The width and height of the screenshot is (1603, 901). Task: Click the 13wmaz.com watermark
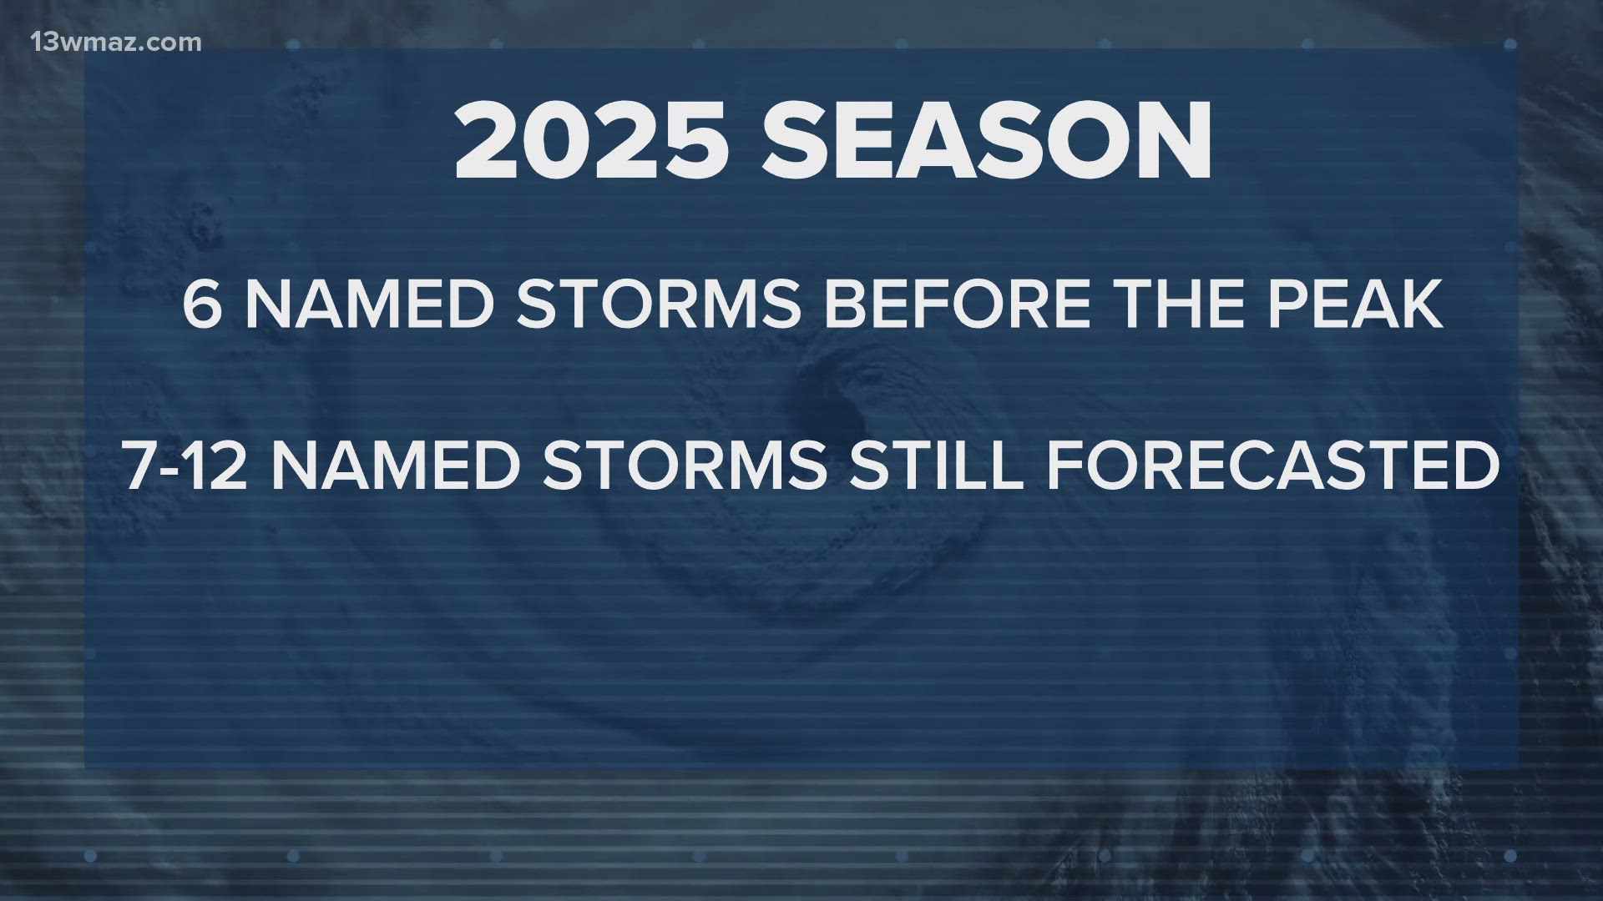click(x=116, y=42)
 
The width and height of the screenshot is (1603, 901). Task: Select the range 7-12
click(x=187, y=466)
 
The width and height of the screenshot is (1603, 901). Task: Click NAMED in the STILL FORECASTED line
click(x=396, y=466)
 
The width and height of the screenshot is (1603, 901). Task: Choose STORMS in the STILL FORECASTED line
click(x=685, y=466)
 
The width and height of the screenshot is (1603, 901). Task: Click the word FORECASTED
click(x=1273, y=466)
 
